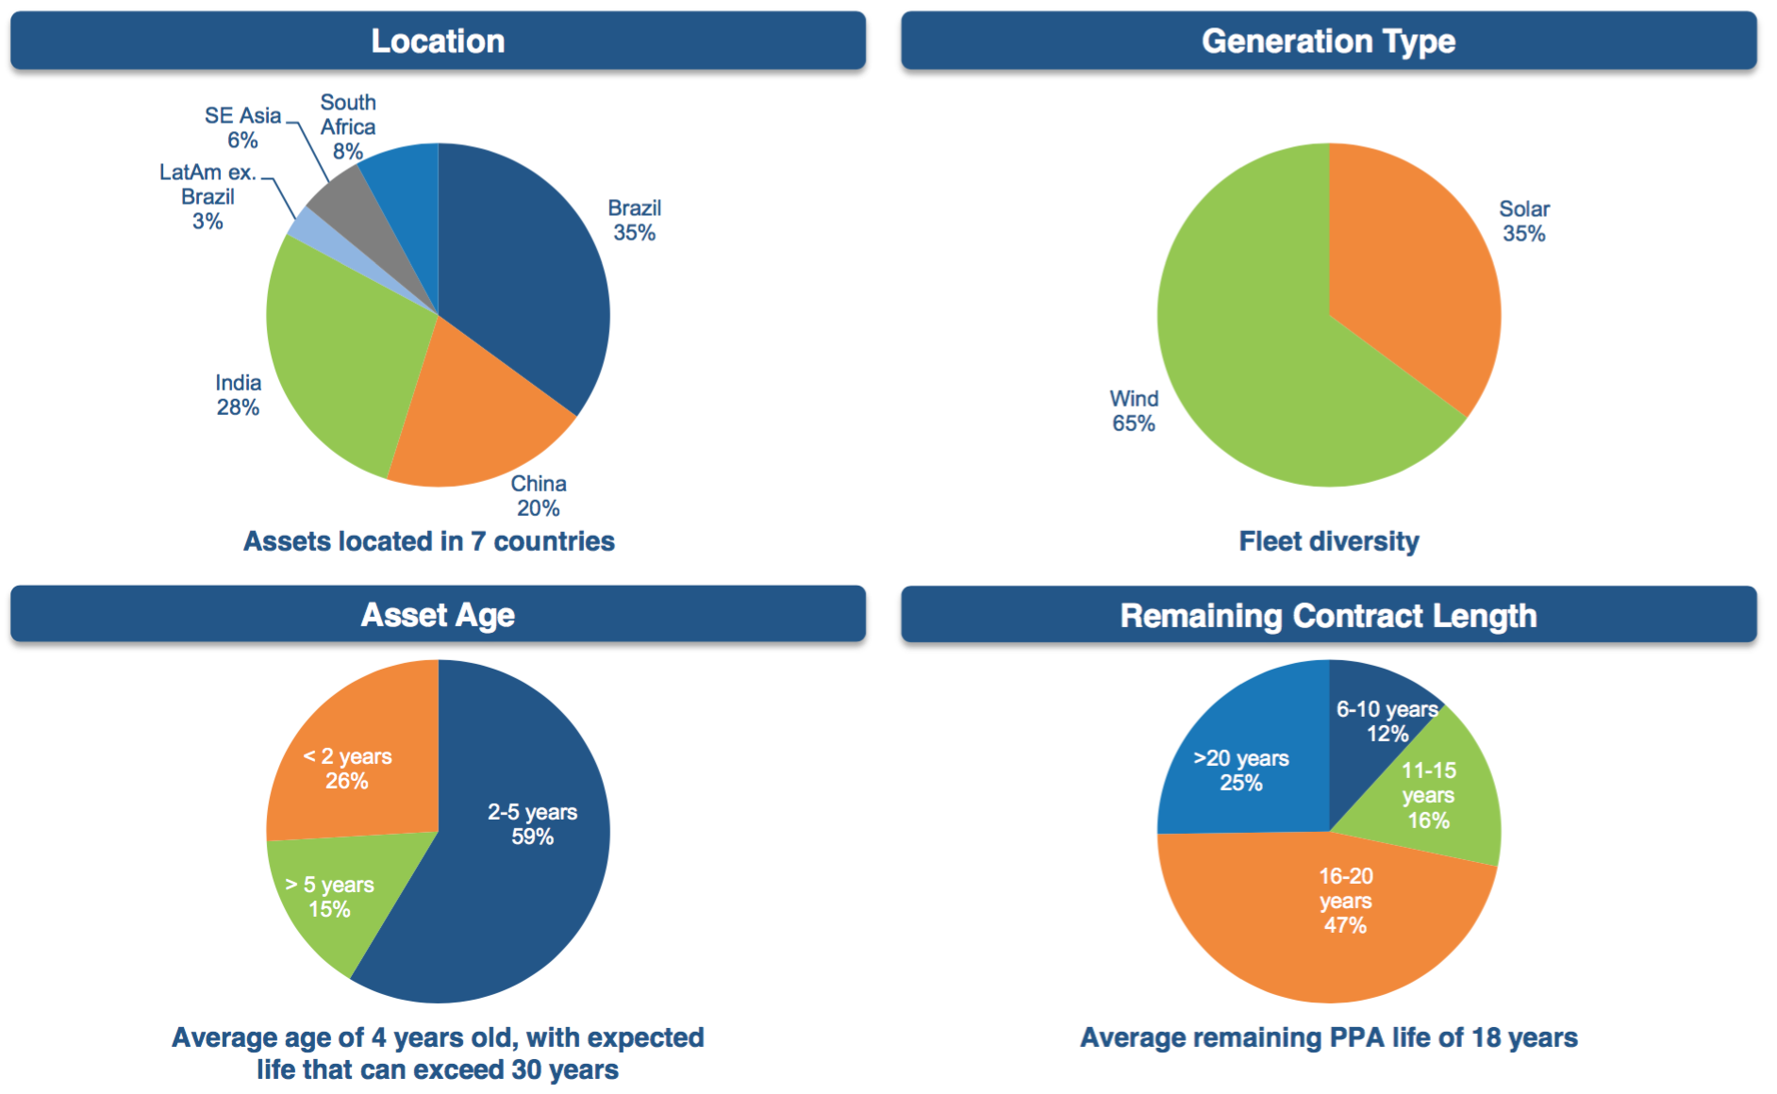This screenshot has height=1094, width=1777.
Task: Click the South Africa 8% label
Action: (x=348, y=126)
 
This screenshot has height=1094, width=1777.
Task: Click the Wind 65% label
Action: (x=1134, y=411)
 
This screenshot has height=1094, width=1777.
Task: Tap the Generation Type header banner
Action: (x=1328, y=41)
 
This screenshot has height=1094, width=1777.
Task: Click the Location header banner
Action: (x=438, y=41)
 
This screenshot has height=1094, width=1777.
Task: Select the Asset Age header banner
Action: (x=438, y=615)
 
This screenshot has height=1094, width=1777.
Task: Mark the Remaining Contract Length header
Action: (x=1328, y=615)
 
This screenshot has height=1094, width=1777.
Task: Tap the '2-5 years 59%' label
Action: (x=532, y=824)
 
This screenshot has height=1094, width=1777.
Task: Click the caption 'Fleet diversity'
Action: (x=1328, y=541)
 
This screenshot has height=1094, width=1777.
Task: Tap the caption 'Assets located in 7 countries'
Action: (x=429, y=541)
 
